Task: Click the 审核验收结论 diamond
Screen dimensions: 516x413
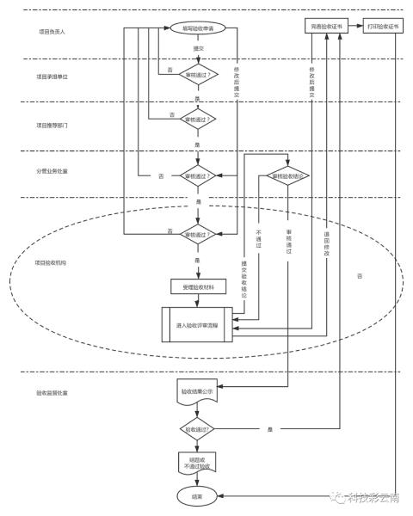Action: click(290, 175)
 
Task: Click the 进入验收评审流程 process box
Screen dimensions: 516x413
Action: click(197, 325)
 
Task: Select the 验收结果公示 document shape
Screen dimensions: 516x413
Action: click(197, 393)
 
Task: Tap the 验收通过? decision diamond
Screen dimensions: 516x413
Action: click(197, 427)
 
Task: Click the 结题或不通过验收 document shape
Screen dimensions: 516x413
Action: click(197, 462)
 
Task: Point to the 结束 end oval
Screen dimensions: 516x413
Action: click(197, 496)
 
